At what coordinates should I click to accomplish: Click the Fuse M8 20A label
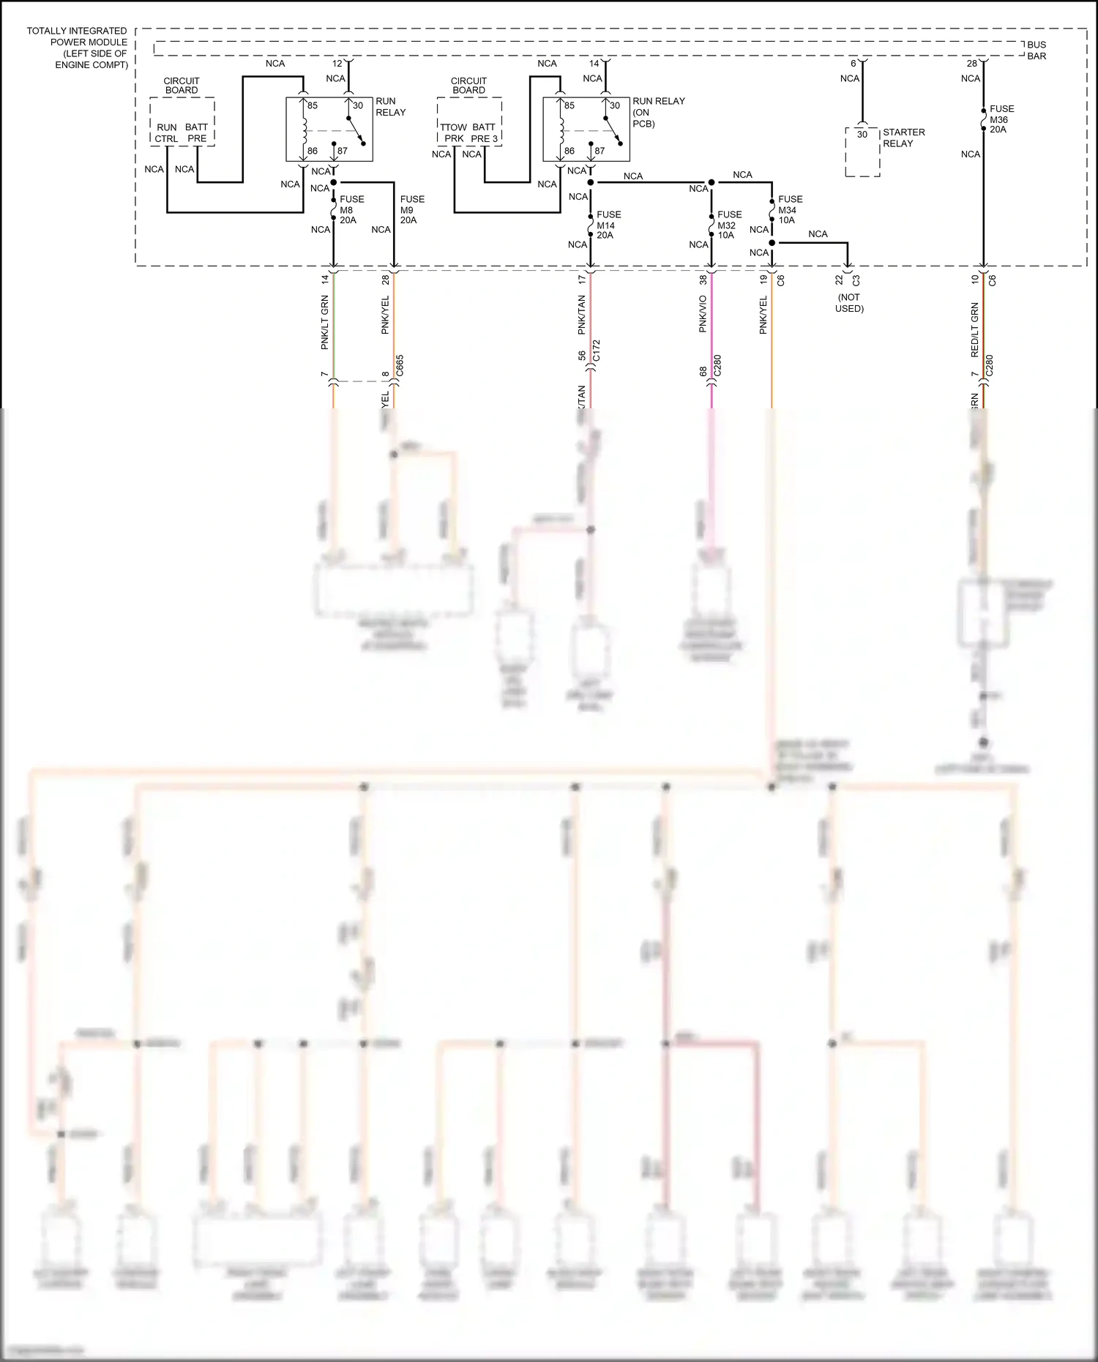click(x=351, y=209)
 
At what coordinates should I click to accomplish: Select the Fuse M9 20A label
click(x=411, y=209)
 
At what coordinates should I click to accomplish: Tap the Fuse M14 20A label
click(x=608, y=225)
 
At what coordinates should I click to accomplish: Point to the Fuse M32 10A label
click(x=729, y=225)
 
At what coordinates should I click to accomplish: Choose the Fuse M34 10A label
click(x=790, y=209)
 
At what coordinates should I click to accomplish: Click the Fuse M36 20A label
click(x=1001, y=119)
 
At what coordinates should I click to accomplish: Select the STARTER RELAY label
click(x=903, y=138)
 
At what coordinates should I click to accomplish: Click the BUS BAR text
click(x=1037, y=50)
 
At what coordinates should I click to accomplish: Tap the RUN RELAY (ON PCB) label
click(x=658, y=112)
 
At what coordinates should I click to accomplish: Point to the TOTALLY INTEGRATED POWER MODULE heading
click(x=77, y=48)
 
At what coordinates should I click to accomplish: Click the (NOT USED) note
click(x=849, y=303)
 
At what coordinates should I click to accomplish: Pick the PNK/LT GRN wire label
click(x=325, y=322)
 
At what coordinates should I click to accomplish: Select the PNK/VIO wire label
click(x=703, y=314)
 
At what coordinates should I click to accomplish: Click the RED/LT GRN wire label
click(x=974, y=330)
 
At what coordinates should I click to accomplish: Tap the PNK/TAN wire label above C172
click(x=582, y=315)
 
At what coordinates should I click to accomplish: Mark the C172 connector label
click(x=597, y=351)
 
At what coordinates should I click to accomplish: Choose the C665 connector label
click(x=400, y=366)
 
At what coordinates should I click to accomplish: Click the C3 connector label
click(x=856, y=280)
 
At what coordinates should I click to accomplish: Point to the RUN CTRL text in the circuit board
click(x=166, y=133)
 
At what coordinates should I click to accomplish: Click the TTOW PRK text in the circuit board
click(x=454, y=133)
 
